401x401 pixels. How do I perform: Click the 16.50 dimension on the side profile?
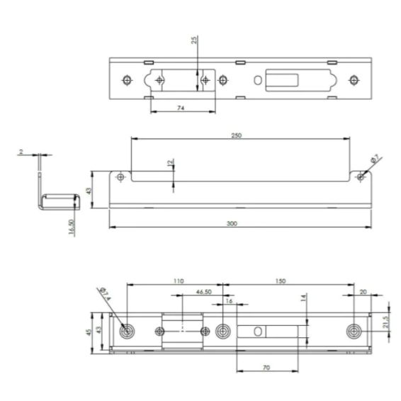tap(72, 227)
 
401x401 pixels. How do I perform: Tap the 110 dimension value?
tap(177, 281)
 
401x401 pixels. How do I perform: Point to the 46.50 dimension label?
tap(203, 291)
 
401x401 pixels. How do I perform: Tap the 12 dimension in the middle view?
tap(169, 164)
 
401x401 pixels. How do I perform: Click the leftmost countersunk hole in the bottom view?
tap(127, 331)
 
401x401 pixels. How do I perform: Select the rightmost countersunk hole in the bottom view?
tap(354, 331)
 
